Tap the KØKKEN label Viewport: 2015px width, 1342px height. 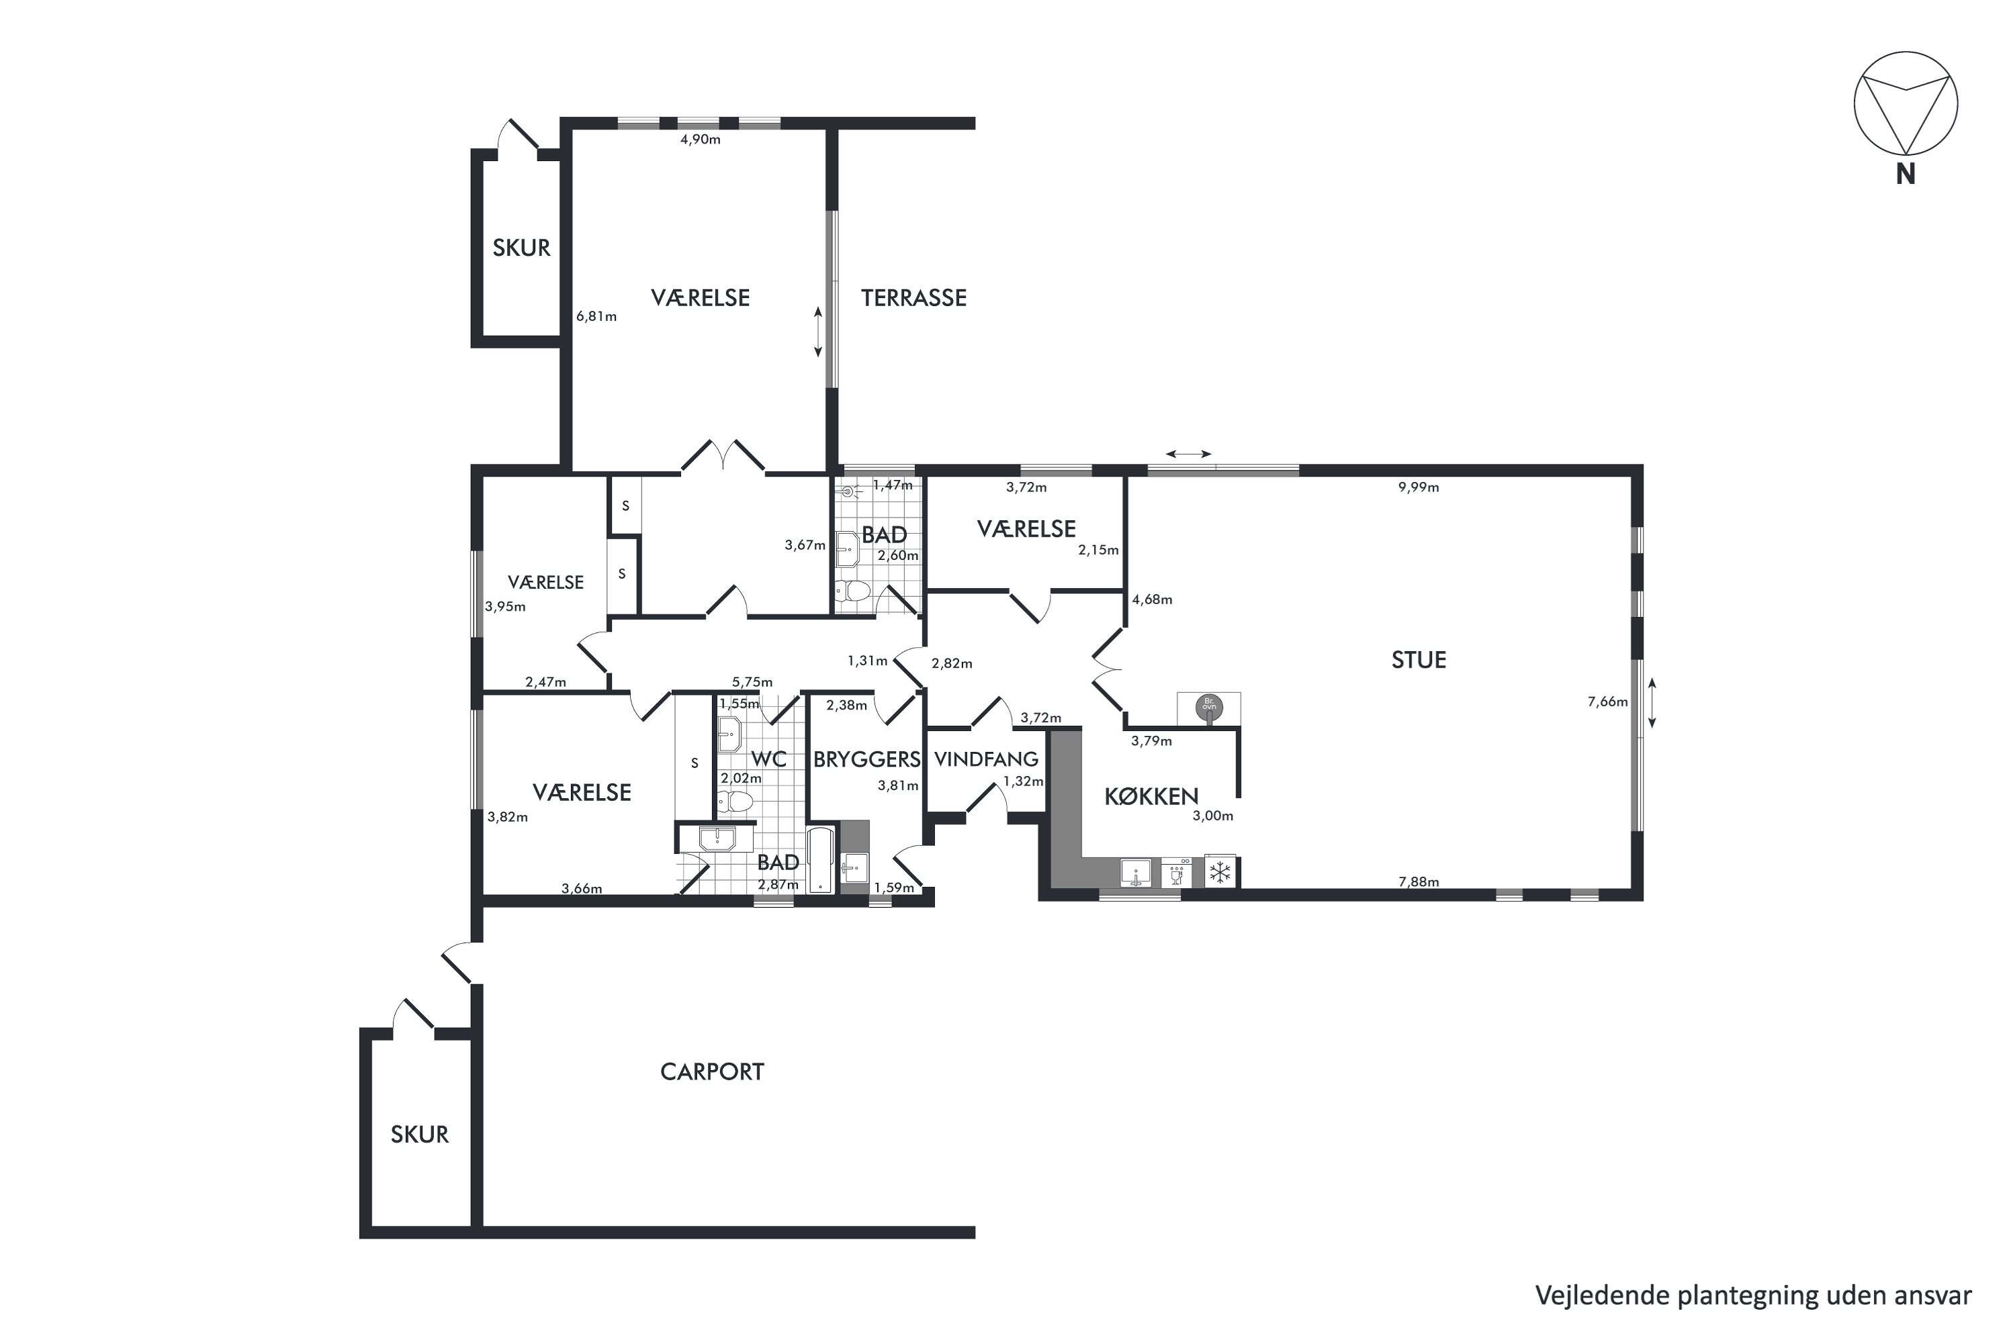click(x=1151, y=797)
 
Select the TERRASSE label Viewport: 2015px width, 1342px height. click(x=913, y=298)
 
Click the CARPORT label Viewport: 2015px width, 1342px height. click(x=711, y=1071)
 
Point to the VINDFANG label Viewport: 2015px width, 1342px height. click(x=985, y=759)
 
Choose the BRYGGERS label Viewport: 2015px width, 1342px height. click(x=866, y=759)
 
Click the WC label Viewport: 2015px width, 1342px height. click(x=768, y=759)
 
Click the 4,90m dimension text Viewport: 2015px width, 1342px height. click(x=701, y=140)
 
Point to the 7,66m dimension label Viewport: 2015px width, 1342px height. click(x=1607, y=702)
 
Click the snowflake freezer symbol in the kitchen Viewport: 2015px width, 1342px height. click(x=1220, y=873)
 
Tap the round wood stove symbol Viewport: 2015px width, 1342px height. click(x=1208, y=707)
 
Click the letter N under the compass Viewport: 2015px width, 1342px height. click(x=1906, y=175)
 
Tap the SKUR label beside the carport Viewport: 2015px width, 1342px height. click(x=420, y=1134)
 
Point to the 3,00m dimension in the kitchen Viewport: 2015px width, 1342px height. click(x=1212, y=816)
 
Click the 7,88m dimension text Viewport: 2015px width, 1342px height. click(x=1418, y=882)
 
